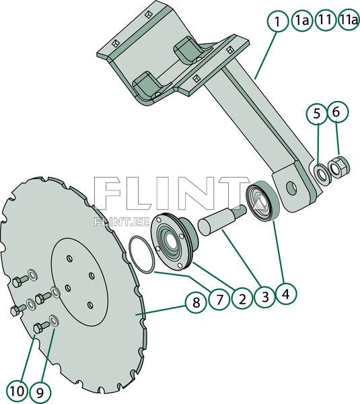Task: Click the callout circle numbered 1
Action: [x=276, y=22]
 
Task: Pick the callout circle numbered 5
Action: [x=316, y=114]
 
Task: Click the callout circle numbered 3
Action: [x=264, y=296]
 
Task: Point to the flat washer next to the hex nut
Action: [x=322, y=173]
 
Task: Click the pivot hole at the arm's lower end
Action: [x=291, y=186]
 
